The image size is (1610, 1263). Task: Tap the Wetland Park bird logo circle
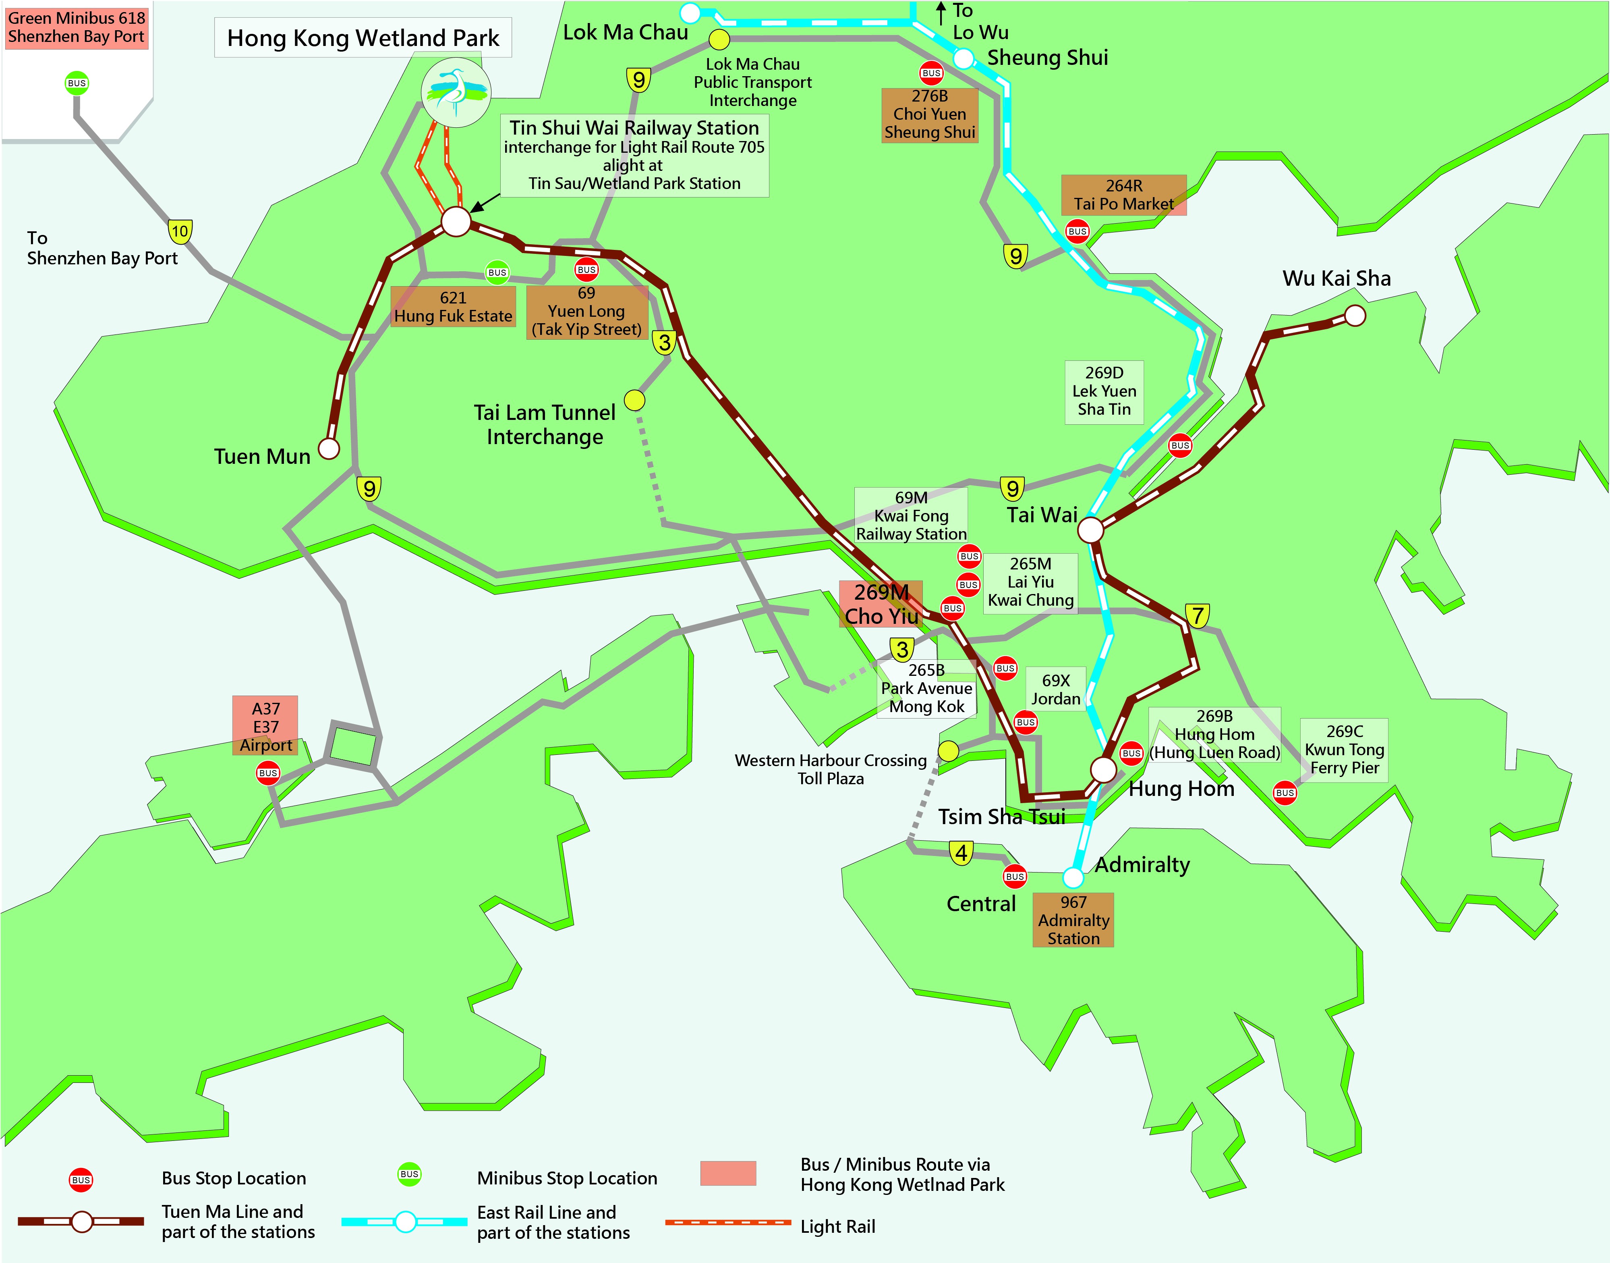coord(455,92)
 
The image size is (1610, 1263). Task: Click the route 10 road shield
coord(180,231)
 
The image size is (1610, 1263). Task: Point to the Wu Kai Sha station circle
coord(1354,316)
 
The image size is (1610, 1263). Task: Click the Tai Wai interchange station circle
coord(1090,530)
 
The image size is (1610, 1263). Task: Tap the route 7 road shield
coord(1198,615)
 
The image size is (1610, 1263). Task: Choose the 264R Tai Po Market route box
coord(1123,195)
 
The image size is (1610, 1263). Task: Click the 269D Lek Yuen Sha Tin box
coord(1104,391)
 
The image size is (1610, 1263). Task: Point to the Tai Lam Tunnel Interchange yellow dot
coord(634,400)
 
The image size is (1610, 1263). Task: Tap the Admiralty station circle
coord(1073,878)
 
